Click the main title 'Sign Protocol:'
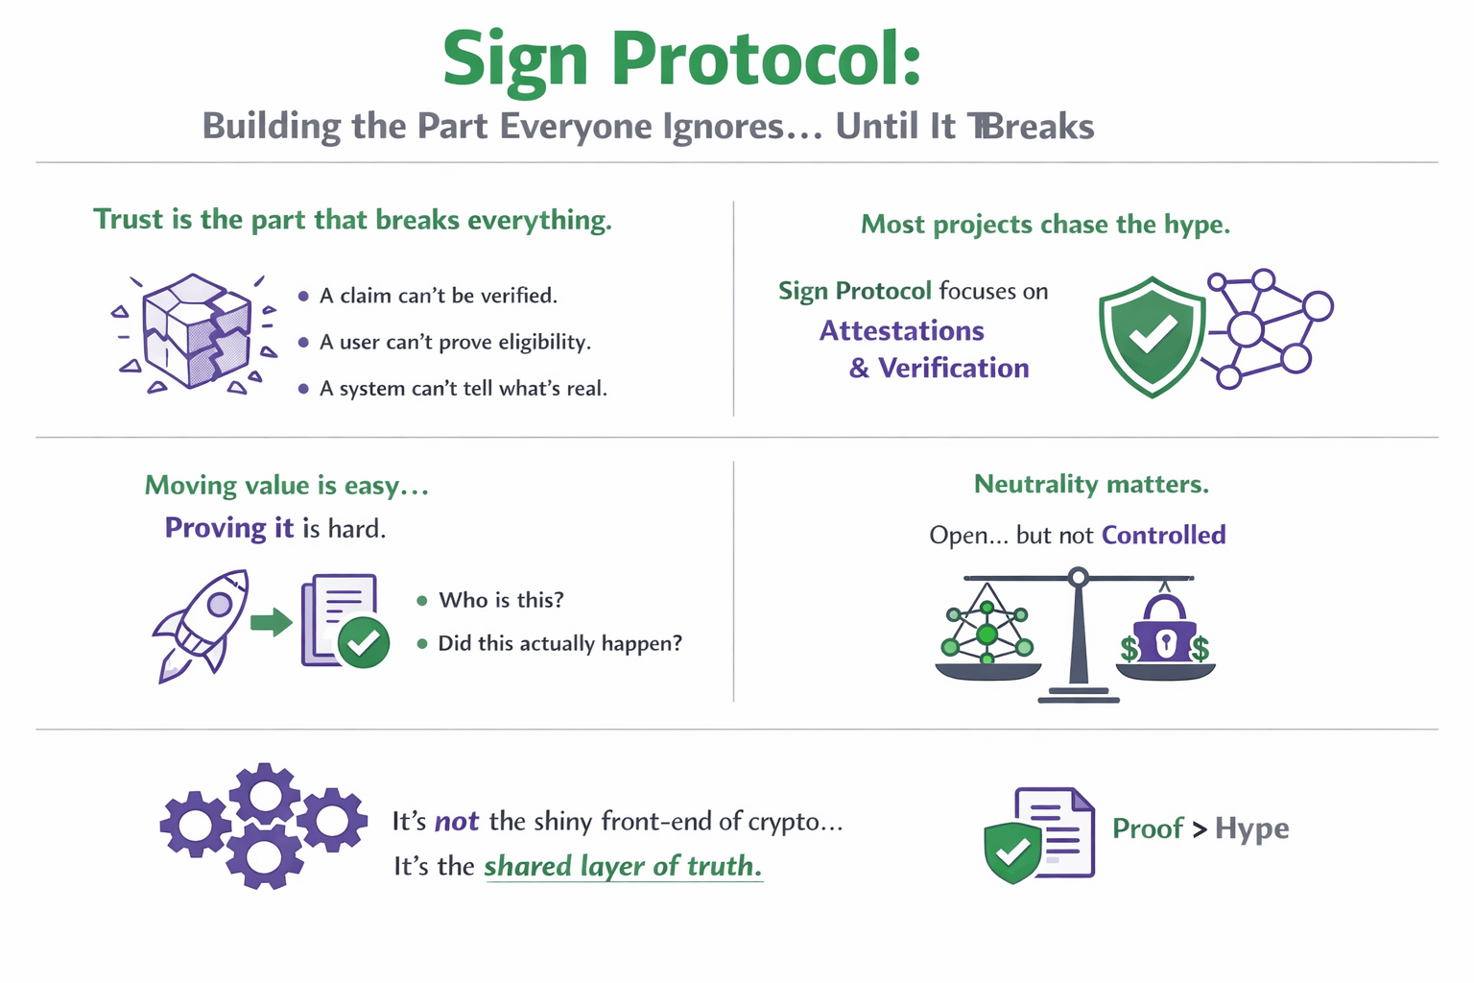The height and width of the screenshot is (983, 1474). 681,60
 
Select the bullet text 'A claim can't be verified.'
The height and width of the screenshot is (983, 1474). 439,296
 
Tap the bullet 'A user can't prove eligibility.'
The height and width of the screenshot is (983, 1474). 455,342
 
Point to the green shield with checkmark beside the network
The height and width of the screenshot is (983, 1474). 1152,335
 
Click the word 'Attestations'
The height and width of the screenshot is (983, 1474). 901,331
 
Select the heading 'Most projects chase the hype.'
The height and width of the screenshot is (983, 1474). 1045,225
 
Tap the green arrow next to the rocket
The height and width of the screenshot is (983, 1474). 271,622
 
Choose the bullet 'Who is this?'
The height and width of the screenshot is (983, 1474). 501,600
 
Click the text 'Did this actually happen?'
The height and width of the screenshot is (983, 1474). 559,643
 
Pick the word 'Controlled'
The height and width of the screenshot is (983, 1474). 1163,535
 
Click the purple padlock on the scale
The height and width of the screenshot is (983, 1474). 1165,630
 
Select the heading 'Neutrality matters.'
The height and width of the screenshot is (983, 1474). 1091,484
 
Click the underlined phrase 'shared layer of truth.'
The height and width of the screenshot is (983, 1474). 623,866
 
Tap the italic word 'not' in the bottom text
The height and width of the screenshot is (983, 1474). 457,822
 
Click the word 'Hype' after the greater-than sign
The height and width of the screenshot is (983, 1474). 1251,828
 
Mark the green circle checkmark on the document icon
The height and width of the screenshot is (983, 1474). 364,642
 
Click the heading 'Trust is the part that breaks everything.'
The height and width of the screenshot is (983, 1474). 352,220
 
